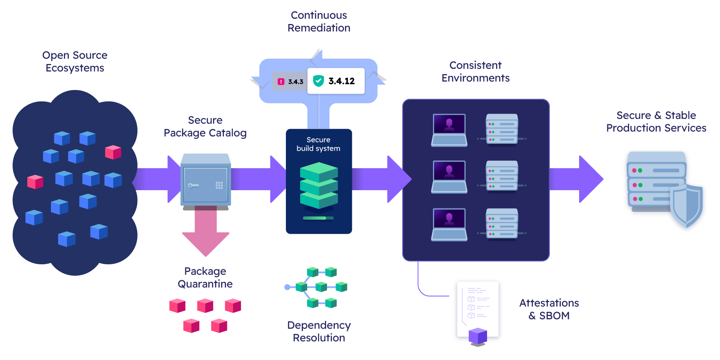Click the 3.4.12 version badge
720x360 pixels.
pos(336,81)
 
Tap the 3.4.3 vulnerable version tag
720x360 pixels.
pos(290,81)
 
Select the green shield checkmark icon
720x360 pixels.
pos(318,81)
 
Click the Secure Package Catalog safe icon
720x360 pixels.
pos(206,180)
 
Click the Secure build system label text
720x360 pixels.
pos(318,144)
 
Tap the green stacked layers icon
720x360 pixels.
pos(319,185)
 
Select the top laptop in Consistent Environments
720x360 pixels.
pos(449,130)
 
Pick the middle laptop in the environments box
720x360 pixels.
pos(449,177)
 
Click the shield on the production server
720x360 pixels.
pos(687,206)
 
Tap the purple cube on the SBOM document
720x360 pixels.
pos(478,336)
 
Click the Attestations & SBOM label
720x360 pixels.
pos(549,309)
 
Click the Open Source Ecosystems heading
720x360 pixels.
pos(75,61)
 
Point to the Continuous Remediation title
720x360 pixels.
pos(319,22)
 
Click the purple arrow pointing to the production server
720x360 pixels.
pos(576,179)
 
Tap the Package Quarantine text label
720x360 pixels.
pos(205,277)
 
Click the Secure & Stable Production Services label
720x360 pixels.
pos(656,121)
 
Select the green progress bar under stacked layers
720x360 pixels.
pos(318,218)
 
